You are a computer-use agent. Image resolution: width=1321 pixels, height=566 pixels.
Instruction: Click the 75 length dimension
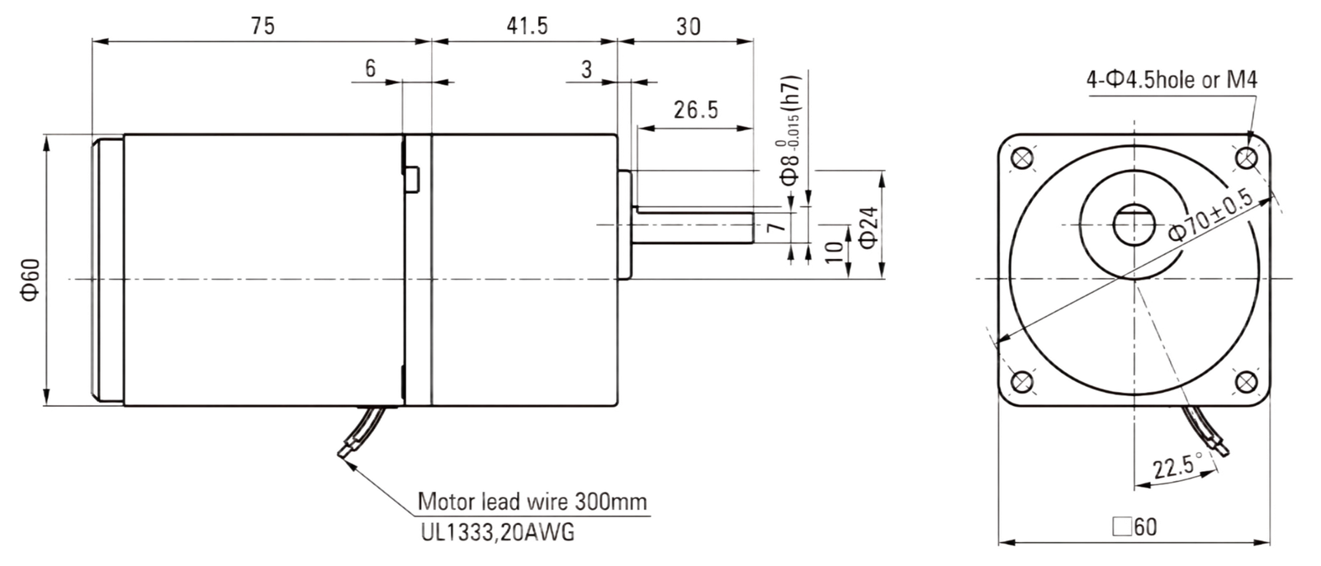coord(263,26)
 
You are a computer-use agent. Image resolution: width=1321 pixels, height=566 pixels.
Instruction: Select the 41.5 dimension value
coord(528,26)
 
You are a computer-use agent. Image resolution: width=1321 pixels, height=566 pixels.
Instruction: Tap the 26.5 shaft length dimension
coord(696,111)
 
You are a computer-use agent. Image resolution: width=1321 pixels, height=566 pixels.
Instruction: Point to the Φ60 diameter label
coord(31,280)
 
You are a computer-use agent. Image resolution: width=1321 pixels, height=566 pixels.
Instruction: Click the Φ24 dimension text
coord(869,228)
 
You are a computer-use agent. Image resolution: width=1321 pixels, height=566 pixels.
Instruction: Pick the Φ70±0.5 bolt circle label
coord(1210,215)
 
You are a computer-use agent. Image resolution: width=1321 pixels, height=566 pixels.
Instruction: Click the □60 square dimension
coord(1134,526)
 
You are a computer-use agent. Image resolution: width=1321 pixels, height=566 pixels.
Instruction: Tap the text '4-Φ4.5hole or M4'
coord(1172,80)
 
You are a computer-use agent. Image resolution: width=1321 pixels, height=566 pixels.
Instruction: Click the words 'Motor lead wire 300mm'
coord(532,502)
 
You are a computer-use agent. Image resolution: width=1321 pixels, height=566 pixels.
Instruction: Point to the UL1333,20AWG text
coord(497,532)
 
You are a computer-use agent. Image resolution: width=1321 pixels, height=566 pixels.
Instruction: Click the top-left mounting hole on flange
coord(1022,158)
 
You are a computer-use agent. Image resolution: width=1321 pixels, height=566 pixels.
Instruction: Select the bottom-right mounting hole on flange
coord(1246,383)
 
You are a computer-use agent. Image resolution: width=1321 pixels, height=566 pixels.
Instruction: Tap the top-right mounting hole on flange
coord(1246,158)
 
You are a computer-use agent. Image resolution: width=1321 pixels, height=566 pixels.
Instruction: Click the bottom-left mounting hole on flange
coord(1022,383)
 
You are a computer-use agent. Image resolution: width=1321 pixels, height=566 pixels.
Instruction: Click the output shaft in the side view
coord(694,224)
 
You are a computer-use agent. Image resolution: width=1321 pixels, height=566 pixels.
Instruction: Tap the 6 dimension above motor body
coord(371,69)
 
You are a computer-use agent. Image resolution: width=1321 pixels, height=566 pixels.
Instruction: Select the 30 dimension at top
coord(689,26)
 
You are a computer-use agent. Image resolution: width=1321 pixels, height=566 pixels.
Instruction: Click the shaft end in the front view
coord(1134,224)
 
